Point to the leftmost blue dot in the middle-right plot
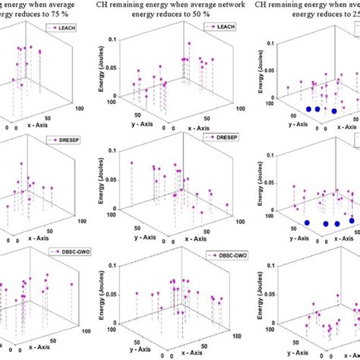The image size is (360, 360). tap(307, 223)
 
